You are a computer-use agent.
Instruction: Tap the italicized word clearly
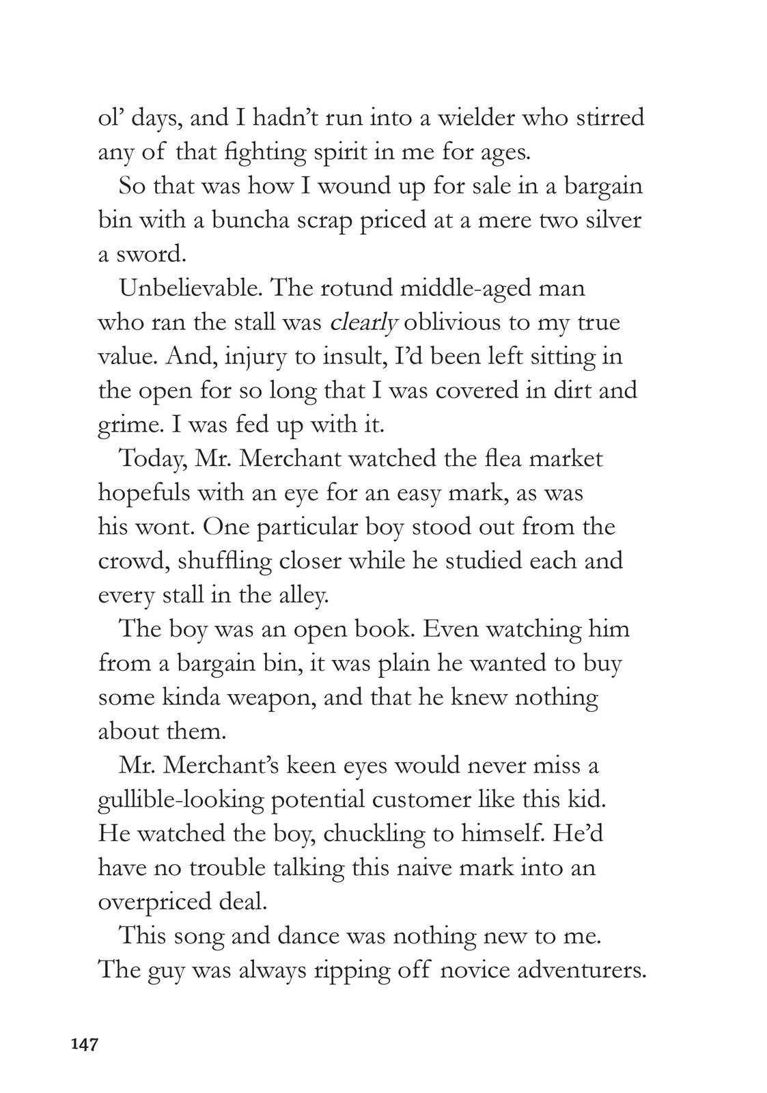[x=363, y=322]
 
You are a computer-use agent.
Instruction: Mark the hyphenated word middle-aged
[x=465, y=288]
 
